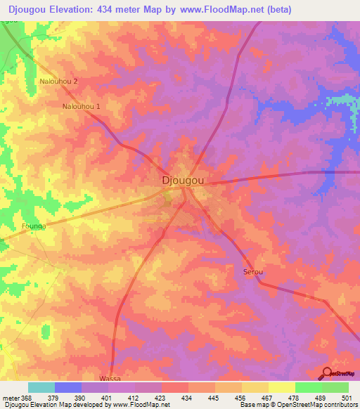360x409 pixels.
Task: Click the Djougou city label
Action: tap(183, 180)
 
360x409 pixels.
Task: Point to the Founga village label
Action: tap(33, 227)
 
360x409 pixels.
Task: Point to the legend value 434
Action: tap(186, 397)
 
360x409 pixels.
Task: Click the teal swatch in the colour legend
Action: tap(41, 387)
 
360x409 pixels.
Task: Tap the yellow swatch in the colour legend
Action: tap(282, 387)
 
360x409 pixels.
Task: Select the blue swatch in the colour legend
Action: tap(67, 387)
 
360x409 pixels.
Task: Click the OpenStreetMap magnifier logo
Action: tap(326, 374)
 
